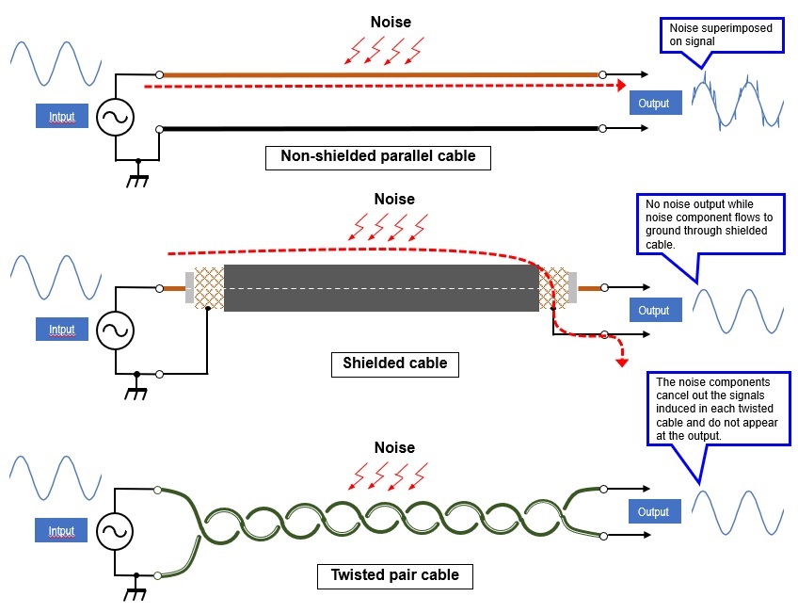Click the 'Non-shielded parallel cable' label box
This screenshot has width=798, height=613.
(x=378, y=158)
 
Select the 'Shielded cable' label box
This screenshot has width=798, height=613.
(x=395, y=364)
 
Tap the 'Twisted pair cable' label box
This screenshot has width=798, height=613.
(x=395, y=576)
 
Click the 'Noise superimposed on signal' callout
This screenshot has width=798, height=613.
(x=721, y=35)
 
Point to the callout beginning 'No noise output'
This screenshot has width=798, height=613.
(x=710, y=224)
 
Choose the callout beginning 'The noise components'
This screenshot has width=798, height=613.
(x=719, y=409)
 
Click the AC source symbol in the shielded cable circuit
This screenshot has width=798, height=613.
(x=116, y=331)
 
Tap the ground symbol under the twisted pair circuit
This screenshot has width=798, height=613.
(x=136, y=589)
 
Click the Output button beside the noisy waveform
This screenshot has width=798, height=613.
(x=656, y=103)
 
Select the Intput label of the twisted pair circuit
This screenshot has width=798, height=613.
(x=61, y=530)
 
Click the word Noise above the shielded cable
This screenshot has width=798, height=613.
(x=394, y=199)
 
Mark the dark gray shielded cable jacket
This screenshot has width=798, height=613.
(x=381, y=288)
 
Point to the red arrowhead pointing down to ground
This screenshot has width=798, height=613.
(x=622, y=363)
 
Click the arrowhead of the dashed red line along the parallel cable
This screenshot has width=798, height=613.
(x=621, y=86)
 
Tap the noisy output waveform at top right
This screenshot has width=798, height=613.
(x=738, y=101)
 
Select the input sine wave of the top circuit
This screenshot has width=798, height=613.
(x=56, y=64)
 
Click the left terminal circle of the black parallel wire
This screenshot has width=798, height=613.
(x=159, y=129)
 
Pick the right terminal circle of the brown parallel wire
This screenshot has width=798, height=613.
(x=602, y=74)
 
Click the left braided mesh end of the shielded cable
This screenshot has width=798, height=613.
(x=209, y=288)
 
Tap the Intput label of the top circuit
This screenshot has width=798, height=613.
(x=61, y=116)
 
